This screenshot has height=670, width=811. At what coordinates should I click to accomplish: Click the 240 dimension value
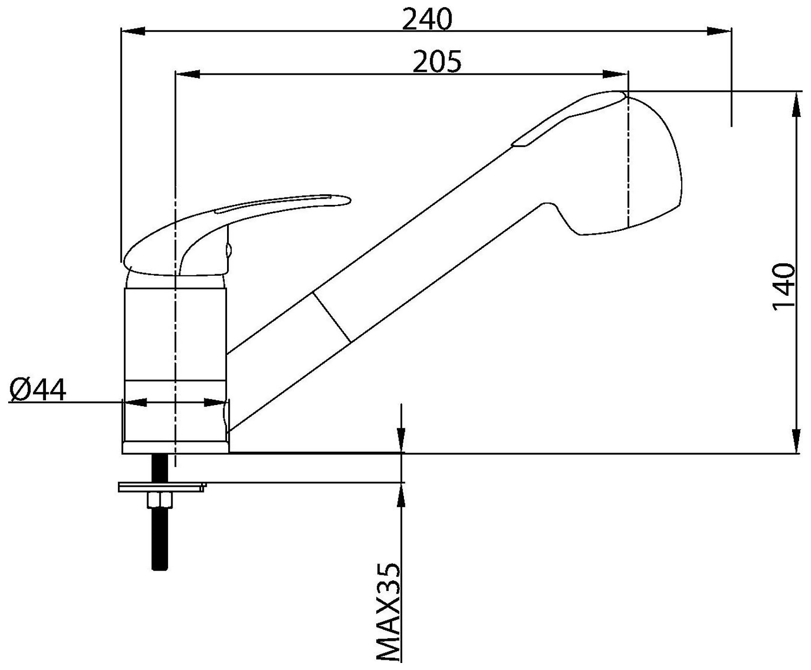click(427, 19)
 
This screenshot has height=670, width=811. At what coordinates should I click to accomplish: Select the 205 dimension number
click(437, 62)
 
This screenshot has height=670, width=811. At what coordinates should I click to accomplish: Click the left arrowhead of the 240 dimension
click(133, 31)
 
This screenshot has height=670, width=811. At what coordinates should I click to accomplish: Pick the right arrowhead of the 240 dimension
click(719, 31)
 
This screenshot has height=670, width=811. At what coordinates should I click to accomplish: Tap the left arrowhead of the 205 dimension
click(188, 74)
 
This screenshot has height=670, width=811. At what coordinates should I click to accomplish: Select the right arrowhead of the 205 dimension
click(616, 74)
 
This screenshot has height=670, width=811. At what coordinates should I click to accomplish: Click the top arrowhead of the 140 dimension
click(796, 104)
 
